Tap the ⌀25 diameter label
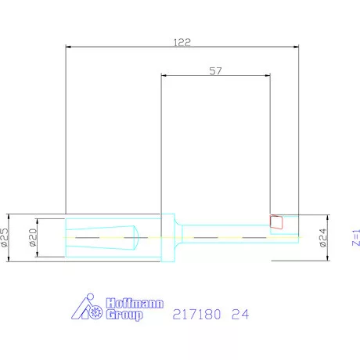click(5, 236)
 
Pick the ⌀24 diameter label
click(322, 236)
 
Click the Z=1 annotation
click(355, 236)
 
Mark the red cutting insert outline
click(275, 221)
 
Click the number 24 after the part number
click(240, 315)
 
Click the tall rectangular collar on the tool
click(167, 236)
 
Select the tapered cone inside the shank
click(103, 236)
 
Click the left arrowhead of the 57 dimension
click(163, 75)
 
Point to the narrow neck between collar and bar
click(179, 236)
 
